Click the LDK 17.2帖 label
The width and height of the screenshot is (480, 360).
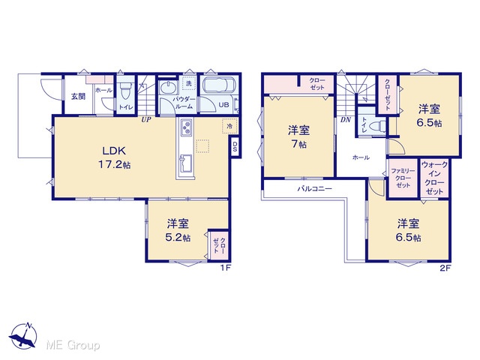click(114, 157)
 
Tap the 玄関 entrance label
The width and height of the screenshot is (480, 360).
click(78, 97)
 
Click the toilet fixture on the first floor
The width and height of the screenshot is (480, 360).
click(125, 90)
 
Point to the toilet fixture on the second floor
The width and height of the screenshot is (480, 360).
click(376, 126)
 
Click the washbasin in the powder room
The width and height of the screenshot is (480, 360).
click(168, 88)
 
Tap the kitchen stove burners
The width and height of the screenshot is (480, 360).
click(186, 127)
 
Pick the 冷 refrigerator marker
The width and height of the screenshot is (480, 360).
click(229, 126)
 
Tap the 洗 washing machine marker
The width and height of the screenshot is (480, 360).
click(189, 82)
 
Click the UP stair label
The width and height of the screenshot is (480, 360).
click(146, 120)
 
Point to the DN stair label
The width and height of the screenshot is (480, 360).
click(345, 120)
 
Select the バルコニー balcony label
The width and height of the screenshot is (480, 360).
click(315, 188)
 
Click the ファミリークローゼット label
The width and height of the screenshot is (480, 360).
click(403, 178)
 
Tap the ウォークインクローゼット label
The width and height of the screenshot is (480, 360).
click(434, 178)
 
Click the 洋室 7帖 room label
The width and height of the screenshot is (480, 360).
click(298, 136)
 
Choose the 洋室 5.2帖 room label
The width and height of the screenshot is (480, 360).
click(178, 230)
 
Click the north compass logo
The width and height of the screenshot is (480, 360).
click(23, 336)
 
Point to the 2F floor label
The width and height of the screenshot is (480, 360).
click(445, 268)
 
